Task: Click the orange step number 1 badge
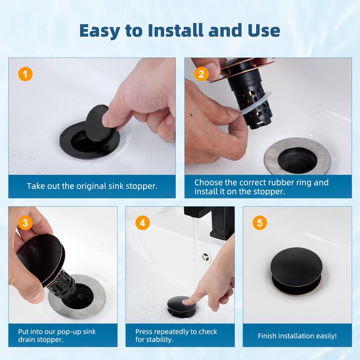(x=25, y=74)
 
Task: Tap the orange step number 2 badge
(x=201, y=74)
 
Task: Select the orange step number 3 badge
(x=25, y=222)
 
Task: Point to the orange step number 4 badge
(x=143, y=222)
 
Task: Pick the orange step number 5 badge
(x=260, y=222)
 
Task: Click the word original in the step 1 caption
(x=91, y=186)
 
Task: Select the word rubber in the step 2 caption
(x=280, y=183)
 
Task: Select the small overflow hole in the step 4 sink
(x=206, y=257)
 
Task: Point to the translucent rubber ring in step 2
(x=254, y=105)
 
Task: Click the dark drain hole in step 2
(x=297, y=160)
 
